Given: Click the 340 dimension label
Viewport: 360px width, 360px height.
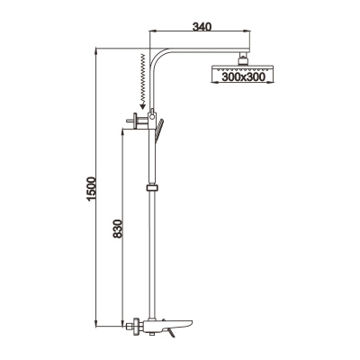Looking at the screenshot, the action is [202, 27].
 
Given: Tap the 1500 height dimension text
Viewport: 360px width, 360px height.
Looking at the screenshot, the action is [92, 189].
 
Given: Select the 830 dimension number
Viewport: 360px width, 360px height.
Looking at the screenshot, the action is [118, 229].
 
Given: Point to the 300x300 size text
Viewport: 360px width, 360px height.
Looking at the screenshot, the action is [244, 77].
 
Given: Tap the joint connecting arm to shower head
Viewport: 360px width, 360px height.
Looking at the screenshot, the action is [242, 58].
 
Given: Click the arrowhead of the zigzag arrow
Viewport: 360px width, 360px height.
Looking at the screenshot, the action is [142, 105].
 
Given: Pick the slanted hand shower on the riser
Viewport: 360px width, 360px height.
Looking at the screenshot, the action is [158, 129].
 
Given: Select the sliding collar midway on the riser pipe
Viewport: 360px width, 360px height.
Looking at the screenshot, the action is [152, 188].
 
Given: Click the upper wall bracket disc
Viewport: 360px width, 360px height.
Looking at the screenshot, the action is [135, 121].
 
